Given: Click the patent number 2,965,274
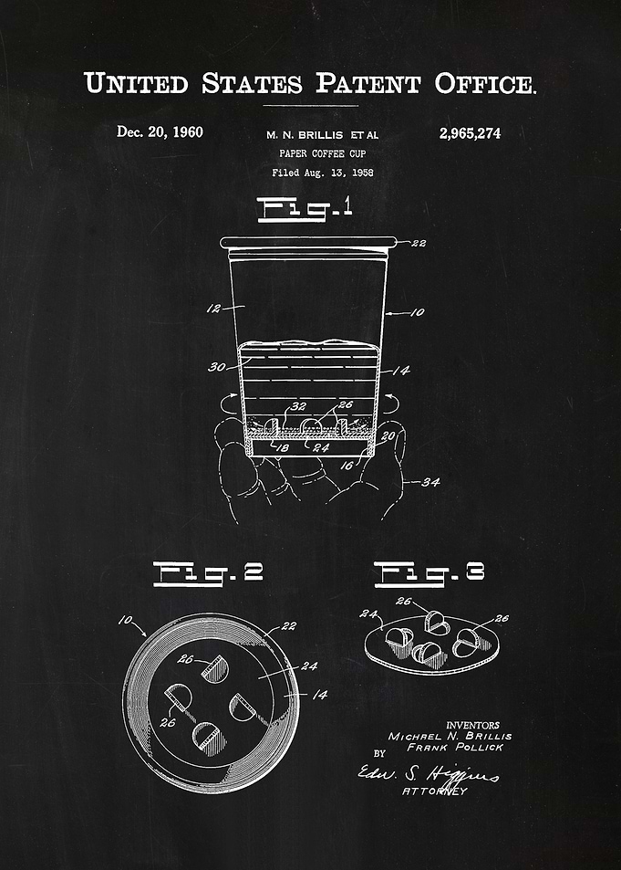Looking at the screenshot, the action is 470,133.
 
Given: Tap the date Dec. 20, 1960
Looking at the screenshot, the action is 160,132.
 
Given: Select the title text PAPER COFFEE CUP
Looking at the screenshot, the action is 322,153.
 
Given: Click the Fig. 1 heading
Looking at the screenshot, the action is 305,209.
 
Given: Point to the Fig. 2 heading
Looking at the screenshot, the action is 208,573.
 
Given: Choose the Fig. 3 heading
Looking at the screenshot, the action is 430,573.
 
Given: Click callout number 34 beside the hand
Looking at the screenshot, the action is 430,482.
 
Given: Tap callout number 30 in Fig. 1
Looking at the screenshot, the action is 217,367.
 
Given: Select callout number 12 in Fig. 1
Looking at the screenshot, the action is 213,309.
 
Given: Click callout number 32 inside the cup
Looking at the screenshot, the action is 298,406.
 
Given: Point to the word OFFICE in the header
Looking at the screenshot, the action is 485,84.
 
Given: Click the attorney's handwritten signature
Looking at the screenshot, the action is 428,773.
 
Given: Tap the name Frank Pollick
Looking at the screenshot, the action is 455,748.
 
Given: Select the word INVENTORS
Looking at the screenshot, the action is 472,725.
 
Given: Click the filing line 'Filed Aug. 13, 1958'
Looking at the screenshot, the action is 322,173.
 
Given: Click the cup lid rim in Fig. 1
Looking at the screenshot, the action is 308,243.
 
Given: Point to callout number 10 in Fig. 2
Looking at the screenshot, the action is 126,620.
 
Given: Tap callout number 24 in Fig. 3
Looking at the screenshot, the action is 368,613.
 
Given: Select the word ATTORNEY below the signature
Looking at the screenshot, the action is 435,791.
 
